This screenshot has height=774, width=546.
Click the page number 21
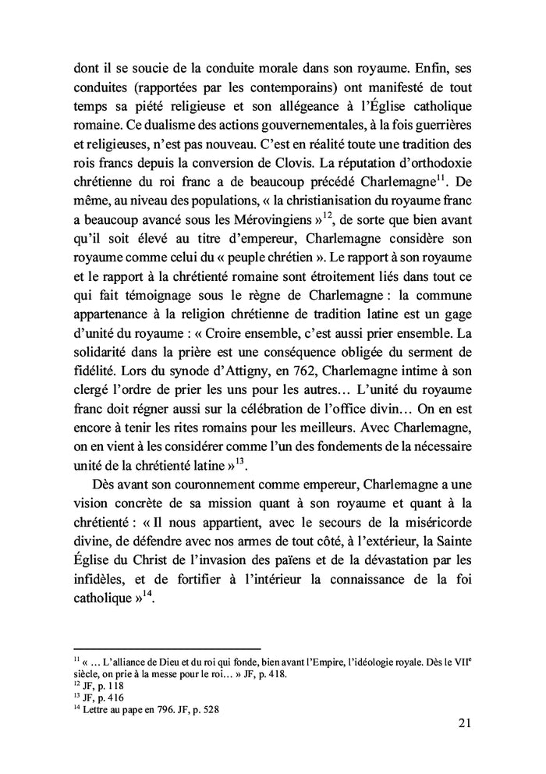coord(464,723)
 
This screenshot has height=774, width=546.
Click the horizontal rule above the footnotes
coord(166,648)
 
